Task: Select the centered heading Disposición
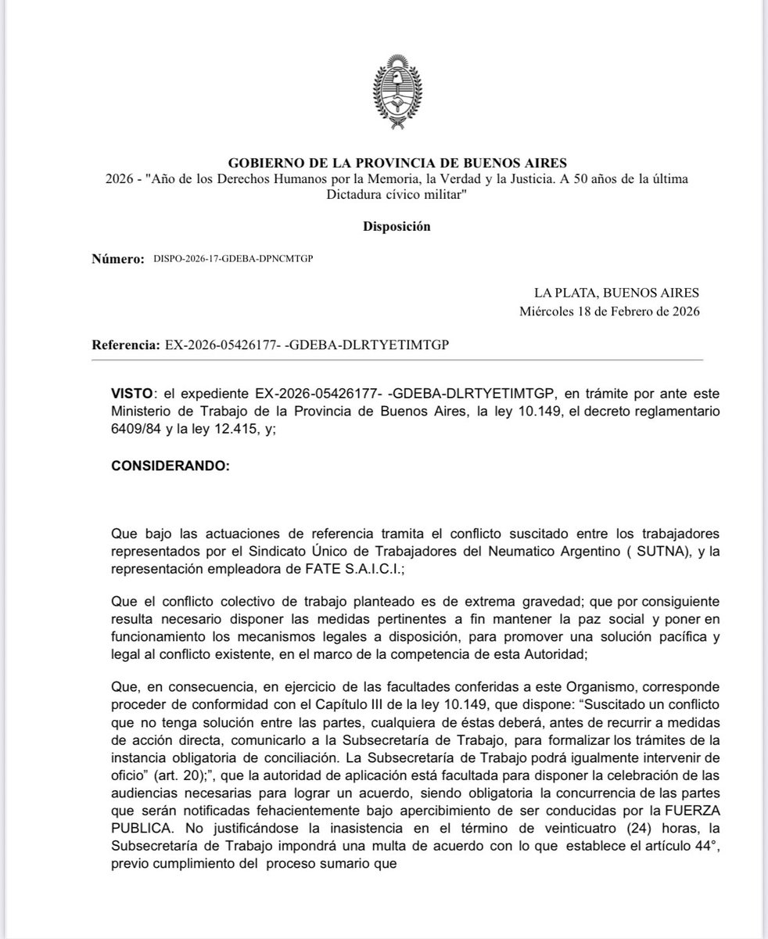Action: click(x=397, y=226)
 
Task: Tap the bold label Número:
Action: click(x=118, y=258)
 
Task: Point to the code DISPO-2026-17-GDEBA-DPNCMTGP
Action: click(x=229, y=259)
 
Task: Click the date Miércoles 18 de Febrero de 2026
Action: click(x=609, y=311)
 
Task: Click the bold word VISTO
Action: click(x=131, y=390)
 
